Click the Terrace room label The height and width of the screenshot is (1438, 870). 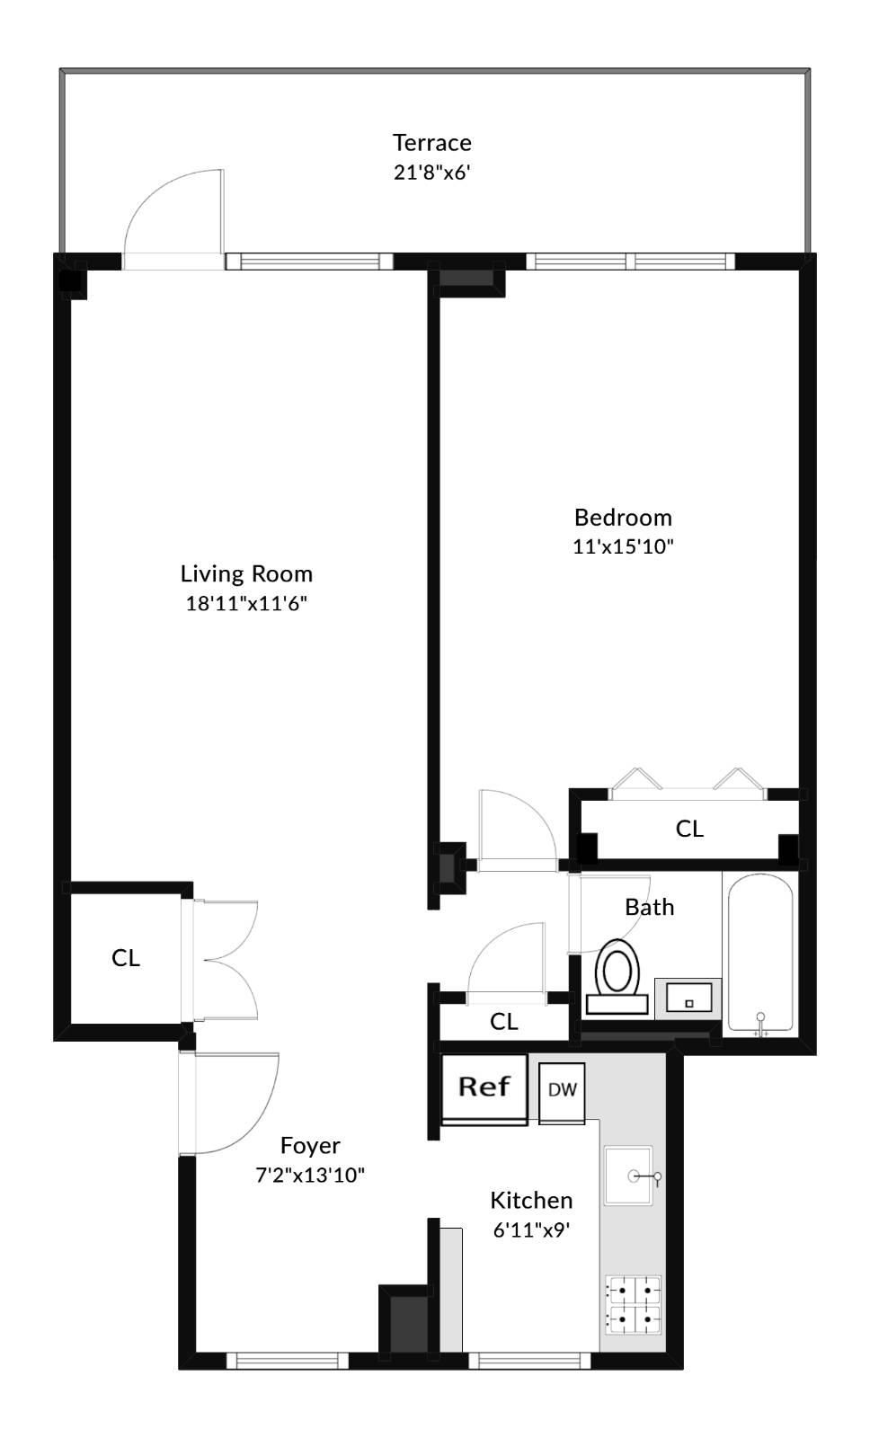click(x=431, y=143)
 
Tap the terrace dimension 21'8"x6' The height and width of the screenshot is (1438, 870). click(x=431, y=172)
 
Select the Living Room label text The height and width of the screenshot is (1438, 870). click(x=246, y=574)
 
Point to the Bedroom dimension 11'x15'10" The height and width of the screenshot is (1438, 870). click(x=623, y=546)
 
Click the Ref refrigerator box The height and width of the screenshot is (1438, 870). click(x=484, y=1087)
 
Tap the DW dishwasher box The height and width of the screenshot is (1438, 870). click(x=563, y=1090)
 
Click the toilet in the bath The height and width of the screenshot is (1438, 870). click(x=617, y=975)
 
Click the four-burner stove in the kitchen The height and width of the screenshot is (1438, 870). click(x=634, y=1305)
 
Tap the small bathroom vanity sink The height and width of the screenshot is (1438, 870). click(x=688, y=999)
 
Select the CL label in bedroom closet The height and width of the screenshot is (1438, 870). click(x=689, y=829)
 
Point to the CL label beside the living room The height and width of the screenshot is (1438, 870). click(x=126, y=958)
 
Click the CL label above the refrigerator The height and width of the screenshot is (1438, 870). click(x=503, y=1022)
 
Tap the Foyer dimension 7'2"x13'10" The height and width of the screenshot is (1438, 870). click(x=310, y=1175)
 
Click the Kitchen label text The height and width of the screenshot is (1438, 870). click(x=531, y=1201)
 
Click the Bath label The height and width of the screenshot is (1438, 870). click(x=649, y=907)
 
